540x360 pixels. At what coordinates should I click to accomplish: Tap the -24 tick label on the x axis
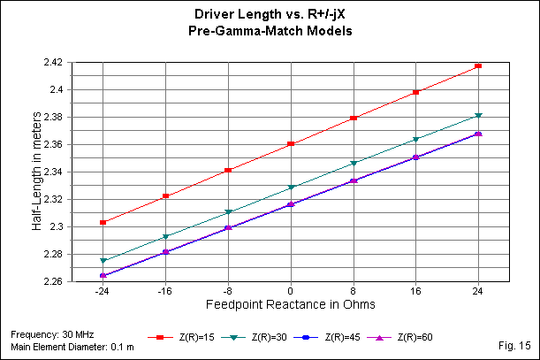[103, 292]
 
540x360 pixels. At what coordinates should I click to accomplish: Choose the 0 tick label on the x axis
[290, 292]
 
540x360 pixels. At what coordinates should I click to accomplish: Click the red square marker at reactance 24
[478, 65]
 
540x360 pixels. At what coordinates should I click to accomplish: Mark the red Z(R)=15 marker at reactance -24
[103, 222]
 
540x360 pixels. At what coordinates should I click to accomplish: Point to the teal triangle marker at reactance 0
[291, 188]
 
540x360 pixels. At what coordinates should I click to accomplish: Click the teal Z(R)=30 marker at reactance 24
[478, 115]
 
